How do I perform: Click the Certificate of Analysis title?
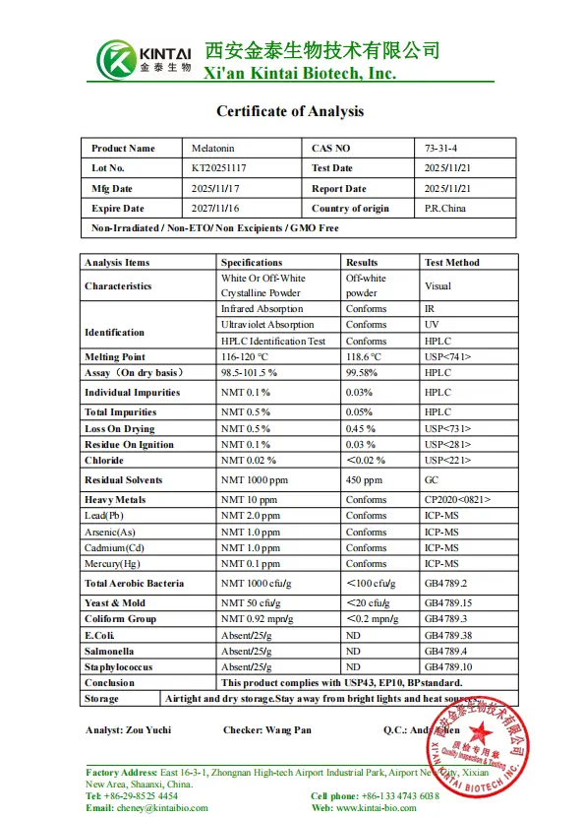290,111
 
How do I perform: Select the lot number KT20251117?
219,168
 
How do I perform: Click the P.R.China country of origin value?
445,209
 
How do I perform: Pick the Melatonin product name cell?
213,149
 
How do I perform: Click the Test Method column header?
452,263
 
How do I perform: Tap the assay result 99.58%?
363,373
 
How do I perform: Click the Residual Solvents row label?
124,480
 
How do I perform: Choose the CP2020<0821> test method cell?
458,500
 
